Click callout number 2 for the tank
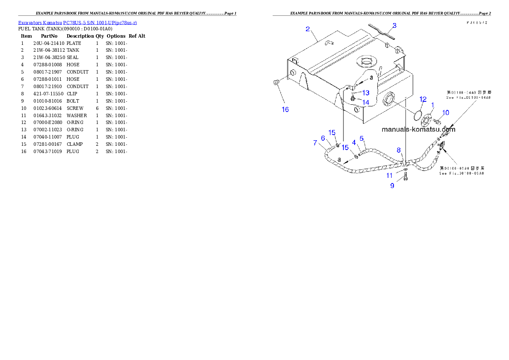tap(308, 29)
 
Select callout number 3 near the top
tap(394, 26)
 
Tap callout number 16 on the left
tap(285, 109)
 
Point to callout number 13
tap(366, 93)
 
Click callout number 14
tap(366, 102)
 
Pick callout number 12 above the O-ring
tap(423, 99)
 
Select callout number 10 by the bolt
tap(446, 113)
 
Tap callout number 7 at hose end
tap(315, 142)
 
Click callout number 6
tap(323, 138)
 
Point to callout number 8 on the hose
tap(399, 150)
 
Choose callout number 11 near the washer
tap(389, 175)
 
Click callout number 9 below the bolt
tap(392, 186)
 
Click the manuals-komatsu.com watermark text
tap(418, 130)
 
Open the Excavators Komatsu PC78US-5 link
tap(77, 22)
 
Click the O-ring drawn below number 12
tap(418, 115)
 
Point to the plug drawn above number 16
tap(276, 82)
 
